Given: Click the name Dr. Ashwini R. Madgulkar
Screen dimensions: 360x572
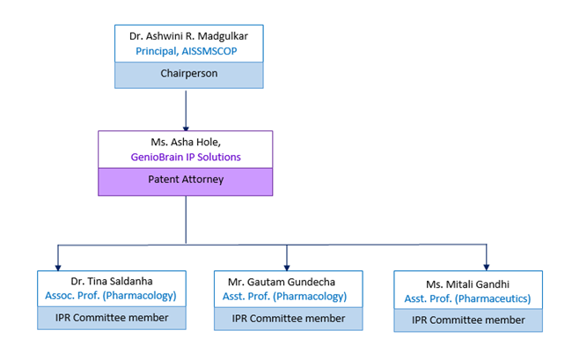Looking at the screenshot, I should [188, 36].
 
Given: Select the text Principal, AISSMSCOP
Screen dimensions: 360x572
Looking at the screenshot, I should [188, 52].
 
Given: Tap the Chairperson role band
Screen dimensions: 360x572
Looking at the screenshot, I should [188, 76].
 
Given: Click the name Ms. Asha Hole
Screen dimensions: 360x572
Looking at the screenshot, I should [185, 142].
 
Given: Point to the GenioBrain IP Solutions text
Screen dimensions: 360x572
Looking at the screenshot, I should [185, 157].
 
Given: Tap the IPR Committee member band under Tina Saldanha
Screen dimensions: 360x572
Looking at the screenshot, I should [111, 318].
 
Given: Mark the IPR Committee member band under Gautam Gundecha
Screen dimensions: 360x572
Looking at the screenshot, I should [288, 318].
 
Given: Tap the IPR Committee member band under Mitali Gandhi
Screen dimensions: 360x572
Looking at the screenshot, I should [467, 320].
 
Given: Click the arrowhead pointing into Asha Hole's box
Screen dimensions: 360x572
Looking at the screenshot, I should [185, 127].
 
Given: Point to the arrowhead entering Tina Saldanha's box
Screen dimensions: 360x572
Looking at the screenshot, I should [58, 265].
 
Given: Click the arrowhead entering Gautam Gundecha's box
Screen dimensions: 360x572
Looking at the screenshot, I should [288, 265].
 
